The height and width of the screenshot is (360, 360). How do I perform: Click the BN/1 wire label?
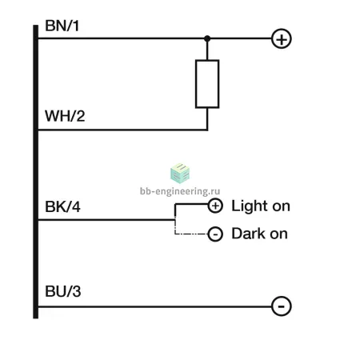point(62,26)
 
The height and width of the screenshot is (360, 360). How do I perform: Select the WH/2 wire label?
point(65,116)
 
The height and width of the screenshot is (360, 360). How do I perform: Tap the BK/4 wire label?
point(62,206)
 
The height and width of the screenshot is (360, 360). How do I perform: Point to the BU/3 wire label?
point(63,291)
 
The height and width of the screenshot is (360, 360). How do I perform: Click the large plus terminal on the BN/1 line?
point(282,39)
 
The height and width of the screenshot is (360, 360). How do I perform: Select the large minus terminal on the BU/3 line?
point(282,306)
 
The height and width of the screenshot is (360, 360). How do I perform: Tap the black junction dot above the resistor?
point(207,38)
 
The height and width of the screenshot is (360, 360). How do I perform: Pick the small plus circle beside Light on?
point(215,206)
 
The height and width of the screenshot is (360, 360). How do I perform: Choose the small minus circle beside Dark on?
point(215,234)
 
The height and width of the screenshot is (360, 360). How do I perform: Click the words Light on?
point(261,206)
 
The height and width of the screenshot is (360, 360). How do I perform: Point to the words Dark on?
point(259,234)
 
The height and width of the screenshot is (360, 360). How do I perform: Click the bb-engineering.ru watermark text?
point(180,191)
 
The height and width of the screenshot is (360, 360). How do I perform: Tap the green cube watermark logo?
point(180,174)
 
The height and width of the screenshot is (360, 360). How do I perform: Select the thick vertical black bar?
point(35,172)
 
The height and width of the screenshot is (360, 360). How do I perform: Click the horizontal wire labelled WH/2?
point(122,130)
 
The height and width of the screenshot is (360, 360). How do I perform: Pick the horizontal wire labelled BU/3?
point(155,306)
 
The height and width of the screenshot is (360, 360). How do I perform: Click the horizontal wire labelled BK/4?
point(106,220)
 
